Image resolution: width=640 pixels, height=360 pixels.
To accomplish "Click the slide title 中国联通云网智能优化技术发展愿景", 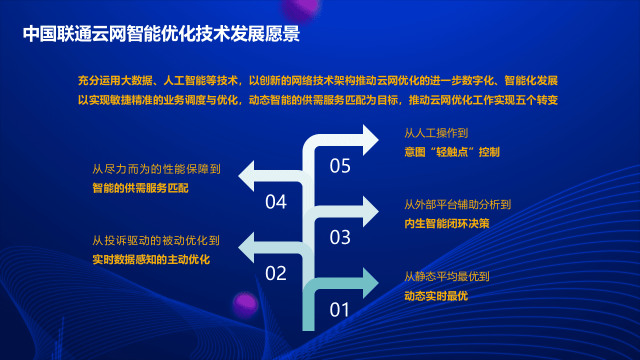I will pos(161,34).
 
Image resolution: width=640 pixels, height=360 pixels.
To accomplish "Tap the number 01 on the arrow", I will pos(340,310).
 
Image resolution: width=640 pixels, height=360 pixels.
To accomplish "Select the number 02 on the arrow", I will pos(275,273).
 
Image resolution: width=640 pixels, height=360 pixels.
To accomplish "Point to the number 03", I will pos(340,237).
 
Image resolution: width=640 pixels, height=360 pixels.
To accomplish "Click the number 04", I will pos(275,202).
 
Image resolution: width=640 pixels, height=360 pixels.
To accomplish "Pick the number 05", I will pos(340,166).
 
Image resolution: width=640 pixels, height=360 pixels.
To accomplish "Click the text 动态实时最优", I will pos(436,295).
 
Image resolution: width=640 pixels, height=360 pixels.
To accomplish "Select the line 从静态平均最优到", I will pos(446,276).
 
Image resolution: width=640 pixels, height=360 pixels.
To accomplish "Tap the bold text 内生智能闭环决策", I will pos(446,223).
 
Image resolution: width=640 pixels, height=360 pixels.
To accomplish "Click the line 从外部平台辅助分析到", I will pos(457,204).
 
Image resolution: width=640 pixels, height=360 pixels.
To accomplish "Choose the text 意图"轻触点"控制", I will pos(451,152).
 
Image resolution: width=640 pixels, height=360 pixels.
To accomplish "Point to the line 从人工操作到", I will pos(435,133).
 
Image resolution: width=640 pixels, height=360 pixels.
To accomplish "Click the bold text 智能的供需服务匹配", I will pos(140,188).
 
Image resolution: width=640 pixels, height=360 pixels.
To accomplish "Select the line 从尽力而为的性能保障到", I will pos(156,169).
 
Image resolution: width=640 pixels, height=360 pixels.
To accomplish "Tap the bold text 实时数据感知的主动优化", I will pos(151,260).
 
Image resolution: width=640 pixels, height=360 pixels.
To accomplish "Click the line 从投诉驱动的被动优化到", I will pos(156,241).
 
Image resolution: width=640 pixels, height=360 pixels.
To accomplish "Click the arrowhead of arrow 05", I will pos(370,140).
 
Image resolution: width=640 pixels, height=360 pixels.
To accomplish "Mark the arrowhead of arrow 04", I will pos(247,176).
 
